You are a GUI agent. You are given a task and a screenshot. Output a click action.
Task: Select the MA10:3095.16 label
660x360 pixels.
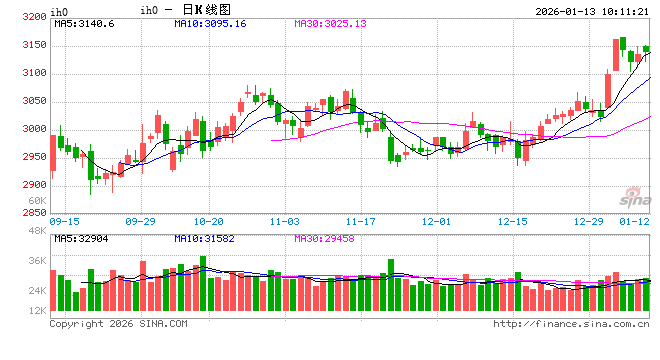[x=210, y=23]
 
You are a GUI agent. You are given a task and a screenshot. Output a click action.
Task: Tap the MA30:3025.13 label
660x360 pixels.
[x=330, y=23]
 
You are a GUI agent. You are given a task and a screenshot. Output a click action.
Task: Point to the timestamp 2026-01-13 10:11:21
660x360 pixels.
[x=591, y=10]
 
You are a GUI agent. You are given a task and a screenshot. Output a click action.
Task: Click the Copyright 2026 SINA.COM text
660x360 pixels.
[x=118, y=323]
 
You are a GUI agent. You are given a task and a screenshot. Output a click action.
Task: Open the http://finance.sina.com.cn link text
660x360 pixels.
[x=572, y=323]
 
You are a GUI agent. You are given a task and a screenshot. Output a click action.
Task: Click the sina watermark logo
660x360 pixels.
[x=622, y=194]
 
